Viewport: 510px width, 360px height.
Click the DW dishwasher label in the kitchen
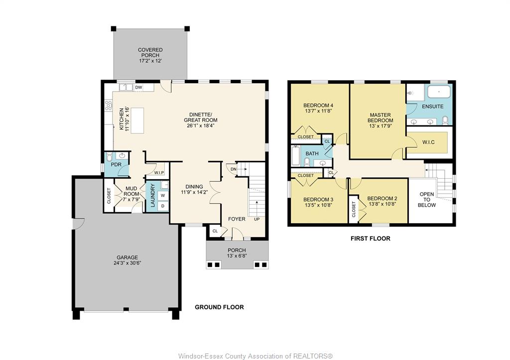[138, 87]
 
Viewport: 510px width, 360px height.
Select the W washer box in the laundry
[163, 196]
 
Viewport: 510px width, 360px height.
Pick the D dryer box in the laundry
[163, 206]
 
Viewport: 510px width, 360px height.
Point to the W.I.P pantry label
[159, 173]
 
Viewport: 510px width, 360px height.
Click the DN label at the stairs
[233, 169]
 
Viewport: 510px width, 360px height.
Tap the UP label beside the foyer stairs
[257, 219]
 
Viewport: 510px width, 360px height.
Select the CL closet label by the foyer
[215, 231]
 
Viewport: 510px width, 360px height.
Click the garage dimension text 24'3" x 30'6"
[127, 263]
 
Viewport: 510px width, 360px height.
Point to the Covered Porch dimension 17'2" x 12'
[150, 61]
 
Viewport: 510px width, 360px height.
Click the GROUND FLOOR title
[219, 307]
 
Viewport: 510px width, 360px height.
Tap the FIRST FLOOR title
[371, 239]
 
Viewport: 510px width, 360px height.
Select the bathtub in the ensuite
[439, 92]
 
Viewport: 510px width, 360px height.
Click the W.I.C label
[428, 142]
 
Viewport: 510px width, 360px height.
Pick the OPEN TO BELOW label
[427, 199]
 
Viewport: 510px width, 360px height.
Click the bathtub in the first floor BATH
[296, 156]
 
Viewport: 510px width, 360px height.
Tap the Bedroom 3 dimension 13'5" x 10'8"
[318, 205]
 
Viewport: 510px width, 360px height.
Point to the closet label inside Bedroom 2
[354, 209]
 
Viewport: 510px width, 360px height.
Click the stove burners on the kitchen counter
[109, 105]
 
